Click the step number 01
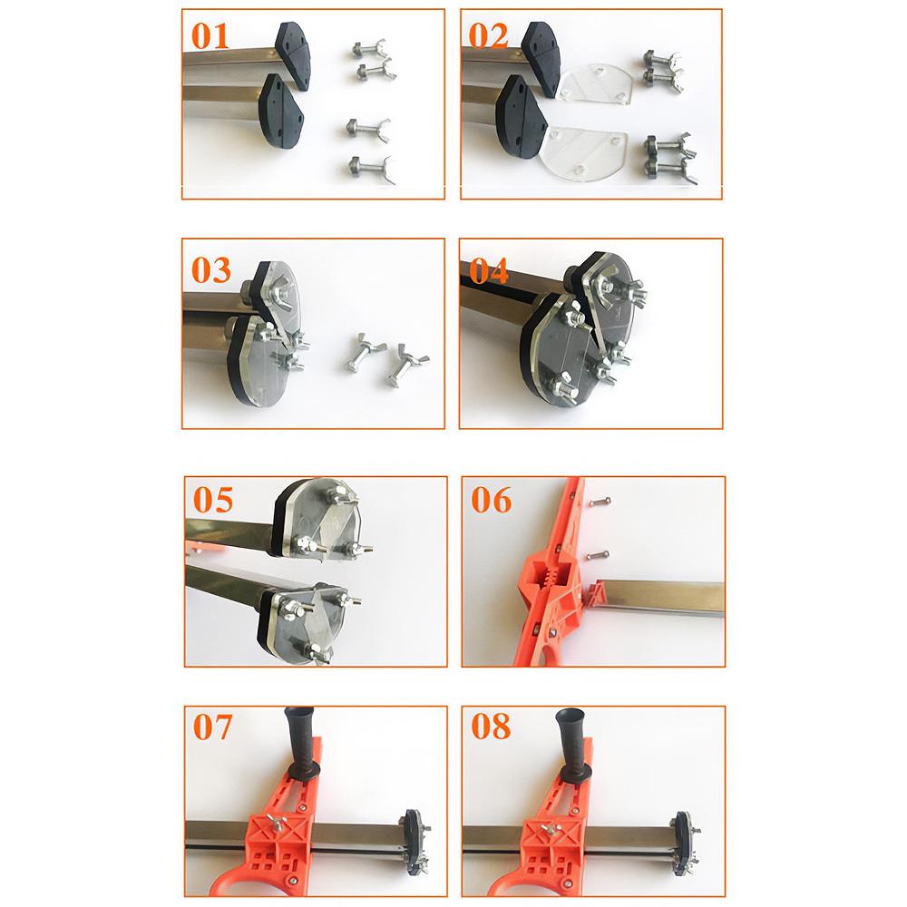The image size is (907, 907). click(x=210, y=36)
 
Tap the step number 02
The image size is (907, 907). click(x=488, y=36)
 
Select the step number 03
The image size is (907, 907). click(x=211, y=270)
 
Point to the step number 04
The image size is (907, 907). click(x=489, y=270)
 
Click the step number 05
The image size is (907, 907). click(x=213, y=500)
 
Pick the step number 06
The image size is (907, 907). click(x=491, y=500)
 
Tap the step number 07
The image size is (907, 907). click(x=212, y=727)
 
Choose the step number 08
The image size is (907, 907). click(x=491, y=727)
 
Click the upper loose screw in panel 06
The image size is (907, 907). click(x=600, y=502)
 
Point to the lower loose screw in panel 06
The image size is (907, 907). click(x=598, y=555)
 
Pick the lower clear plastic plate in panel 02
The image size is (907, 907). click(x=584, y=154)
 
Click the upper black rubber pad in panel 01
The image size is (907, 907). click(x=294, y=55)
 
